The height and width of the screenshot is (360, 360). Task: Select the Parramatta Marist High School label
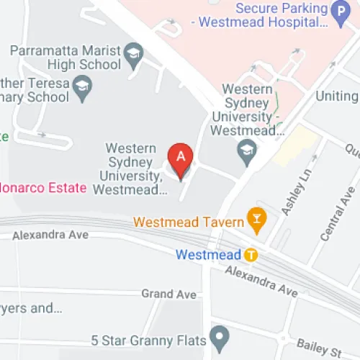tap(65, 58)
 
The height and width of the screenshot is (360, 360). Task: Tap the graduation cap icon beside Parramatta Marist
tap(132, 53)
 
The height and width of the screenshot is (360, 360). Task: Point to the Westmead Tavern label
tap(189, 223)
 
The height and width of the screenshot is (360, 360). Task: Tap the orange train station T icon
tap(251, 255)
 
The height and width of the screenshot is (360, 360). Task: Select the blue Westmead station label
tap(207, 255)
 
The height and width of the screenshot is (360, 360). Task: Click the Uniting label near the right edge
tap(341, 96)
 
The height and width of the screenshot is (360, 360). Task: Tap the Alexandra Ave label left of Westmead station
tap(50, 235)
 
